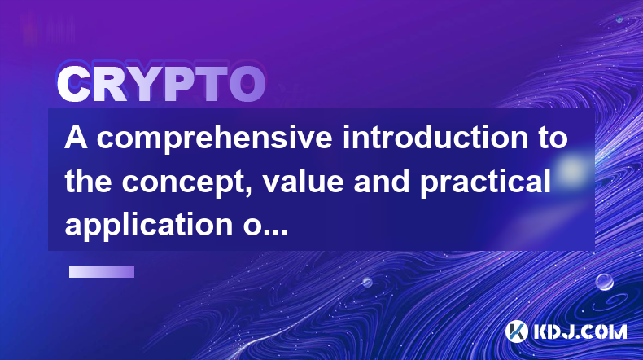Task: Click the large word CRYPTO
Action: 161,84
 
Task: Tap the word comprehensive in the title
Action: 214,139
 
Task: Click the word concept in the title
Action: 188,182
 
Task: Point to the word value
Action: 303,181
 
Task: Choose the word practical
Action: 485,182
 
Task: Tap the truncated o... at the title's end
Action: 265,228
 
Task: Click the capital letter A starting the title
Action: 77,138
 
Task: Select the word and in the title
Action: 382,181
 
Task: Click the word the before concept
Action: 88,181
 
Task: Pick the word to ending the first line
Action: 553,138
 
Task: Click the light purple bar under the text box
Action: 102,271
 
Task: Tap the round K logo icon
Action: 516,331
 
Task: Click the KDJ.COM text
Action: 580,331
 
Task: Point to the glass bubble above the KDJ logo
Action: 604,282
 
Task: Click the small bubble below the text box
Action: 367,282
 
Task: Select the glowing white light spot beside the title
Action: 571,169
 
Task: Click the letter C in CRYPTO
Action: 74,84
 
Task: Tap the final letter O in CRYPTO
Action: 247,84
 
